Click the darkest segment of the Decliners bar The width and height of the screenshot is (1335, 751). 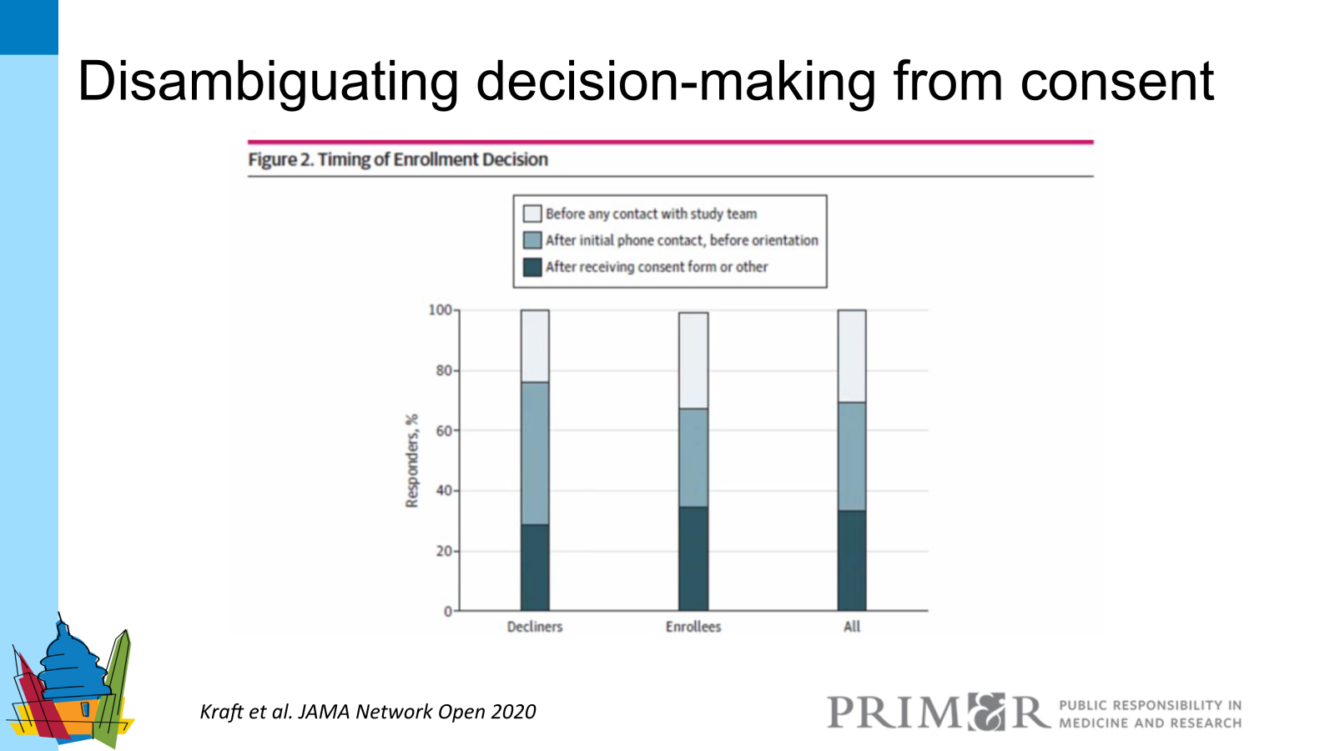(535, 567)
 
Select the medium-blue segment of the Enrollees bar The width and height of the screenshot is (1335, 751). (693, 457)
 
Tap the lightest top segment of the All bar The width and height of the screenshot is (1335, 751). (852, 356)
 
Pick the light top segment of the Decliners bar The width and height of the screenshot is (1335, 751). (535, 346)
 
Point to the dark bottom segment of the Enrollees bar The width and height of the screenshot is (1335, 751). (693, 558)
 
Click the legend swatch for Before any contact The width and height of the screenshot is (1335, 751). (532, 214)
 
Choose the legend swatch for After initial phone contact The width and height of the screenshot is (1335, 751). (532, 240)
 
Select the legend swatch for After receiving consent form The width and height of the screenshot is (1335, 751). (532, 267)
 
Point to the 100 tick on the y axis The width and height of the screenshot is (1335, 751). (440, 310)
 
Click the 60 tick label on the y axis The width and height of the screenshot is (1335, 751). (443, 431)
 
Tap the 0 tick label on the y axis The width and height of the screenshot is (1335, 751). (448, 612)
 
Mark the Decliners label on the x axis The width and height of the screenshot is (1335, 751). (535, 627)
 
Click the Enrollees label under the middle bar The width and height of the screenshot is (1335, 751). (693, 627)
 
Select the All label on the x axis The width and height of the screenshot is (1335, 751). (852, 627)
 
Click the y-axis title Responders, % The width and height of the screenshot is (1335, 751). (411, 461)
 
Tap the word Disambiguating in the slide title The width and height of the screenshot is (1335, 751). (268, 82)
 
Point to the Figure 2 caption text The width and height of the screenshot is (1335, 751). (398, 159)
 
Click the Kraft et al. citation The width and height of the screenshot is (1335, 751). (368, 712)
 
